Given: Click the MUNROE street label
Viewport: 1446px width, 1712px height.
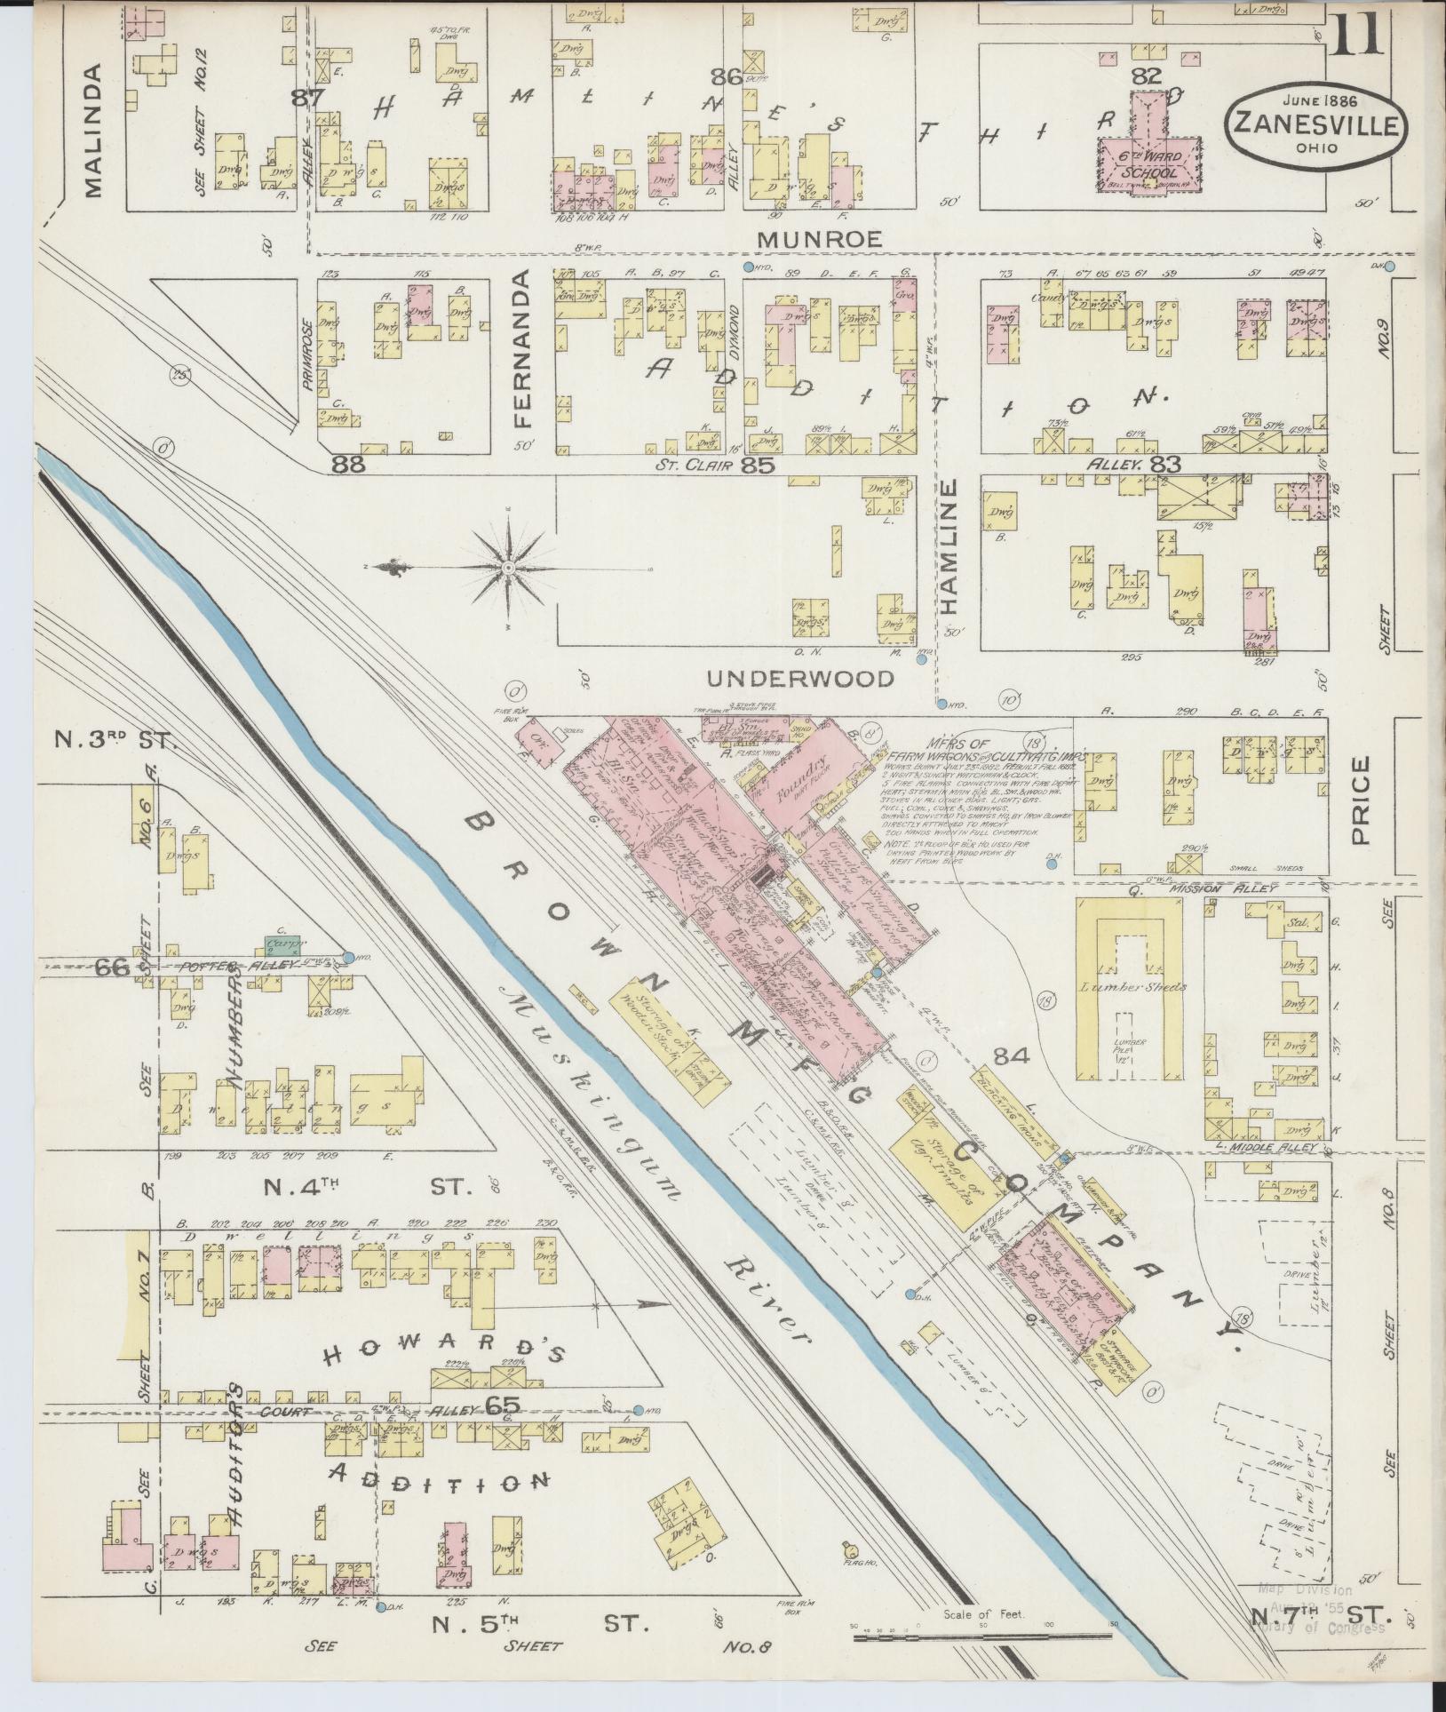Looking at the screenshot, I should (x=831, y=238).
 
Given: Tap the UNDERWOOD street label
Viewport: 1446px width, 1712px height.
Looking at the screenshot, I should (x=800, y=679).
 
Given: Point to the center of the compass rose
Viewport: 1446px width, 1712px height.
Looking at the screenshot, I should (x=508, y=568).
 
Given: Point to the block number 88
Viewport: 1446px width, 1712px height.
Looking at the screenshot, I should (x=349, y=463).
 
